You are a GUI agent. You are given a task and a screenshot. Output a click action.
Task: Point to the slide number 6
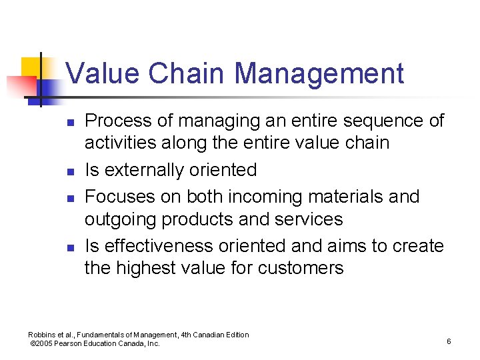(x=449, y=341)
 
